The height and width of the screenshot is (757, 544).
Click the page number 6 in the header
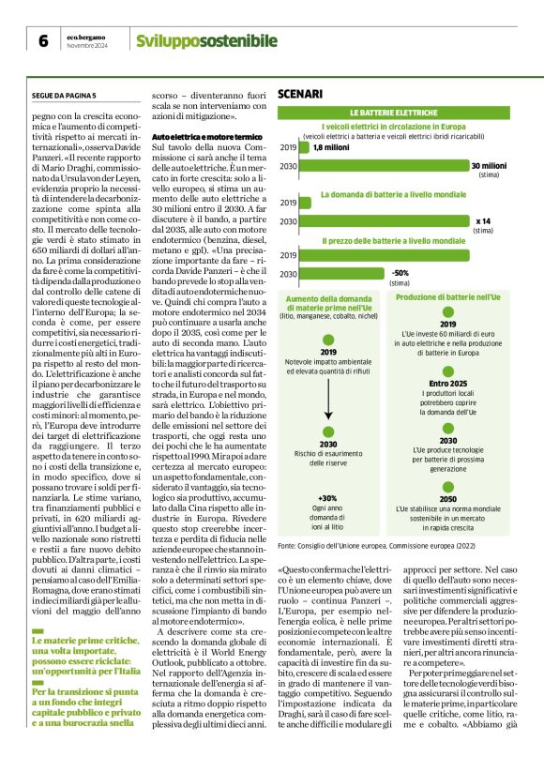point(43,41)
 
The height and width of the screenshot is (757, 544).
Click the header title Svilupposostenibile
point(206,40)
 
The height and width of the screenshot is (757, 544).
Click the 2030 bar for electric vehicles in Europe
point(384,166)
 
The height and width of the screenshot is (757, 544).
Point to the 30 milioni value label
point(489,165)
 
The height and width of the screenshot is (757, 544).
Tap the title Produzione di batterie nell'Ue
point(447,296)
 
